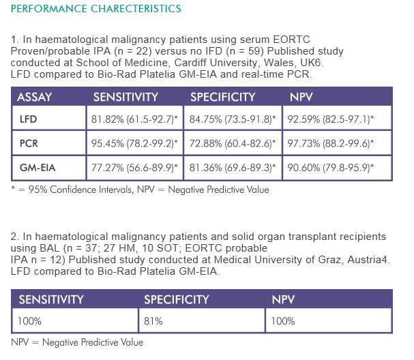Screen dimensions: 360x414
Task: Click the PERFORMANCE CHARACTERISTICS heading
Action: [96, 9]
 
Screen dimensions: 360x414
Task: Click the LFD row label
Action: [29, 119]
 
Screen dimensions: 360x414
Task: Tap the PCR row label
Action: [30, 143]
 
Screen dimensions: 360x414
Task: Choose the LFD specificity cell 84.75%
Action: [233, 119]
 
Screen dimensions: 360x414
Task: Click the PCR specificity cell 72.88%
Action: [233, 143]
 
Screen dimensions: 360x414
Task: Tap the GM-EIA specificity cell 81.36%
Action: [233, 167]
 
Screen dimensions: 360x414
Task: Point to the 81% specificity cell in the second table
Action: [154, 320]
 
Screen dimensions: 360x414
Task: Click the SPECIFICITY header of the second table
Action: [177, 299]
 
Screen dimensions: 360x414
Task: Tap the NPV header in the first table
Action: [301, 97]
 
